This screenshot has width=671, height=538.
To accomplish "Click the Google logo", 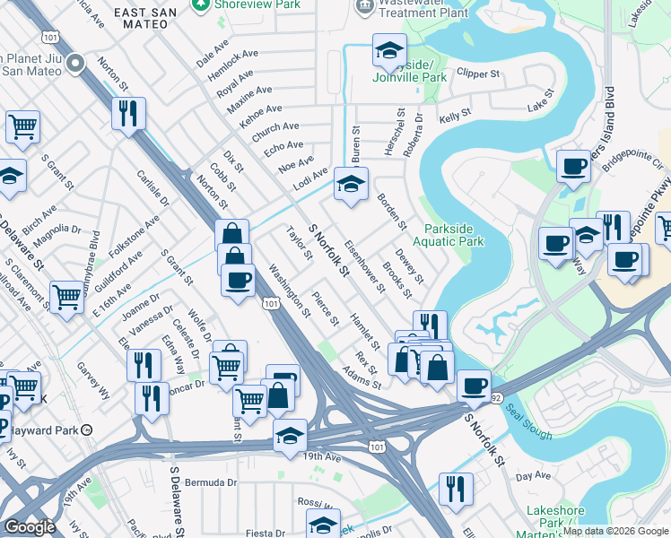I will (x=30, y=526).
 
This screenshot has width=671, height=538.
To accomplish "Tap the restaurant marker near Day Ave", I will (x=456, y=489).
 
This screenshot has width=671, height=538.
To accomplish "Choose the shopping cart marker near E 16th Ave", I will (x=67, y=296).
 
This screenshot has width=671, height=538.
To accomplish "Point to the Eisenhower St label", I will (x=365, y=265).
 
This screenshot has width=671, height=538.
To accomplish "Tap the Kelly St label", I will (x=455, y=117).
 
